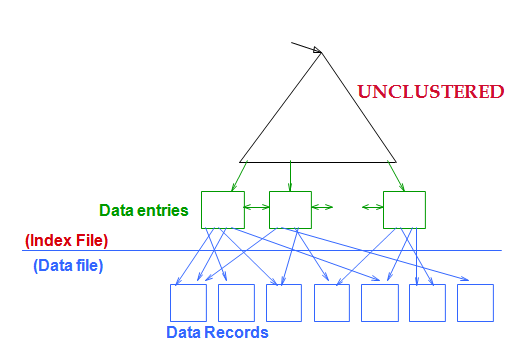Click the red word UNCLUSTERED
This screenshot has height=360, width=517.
(431, 92)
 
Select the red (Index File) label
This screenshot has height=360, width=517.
(66, 240)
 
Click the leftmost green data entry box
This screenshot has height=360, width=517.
(222, 209)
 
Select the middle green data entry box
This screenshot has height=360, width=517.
(290, 209)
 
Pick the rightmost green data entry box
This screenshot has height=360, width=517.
(404, 209)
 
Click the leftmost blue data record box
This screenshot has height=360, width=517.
(188, 302)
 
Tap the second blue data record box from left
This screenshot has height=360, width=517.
(236, 302)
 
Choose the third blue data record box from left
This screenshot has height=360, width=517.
(284, 302)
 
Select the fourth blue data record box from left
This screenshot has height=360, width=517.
(332, 302)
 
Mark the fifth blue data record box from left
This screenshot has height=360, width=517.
(379, 302)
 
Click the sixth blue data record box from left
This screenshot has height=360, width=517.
(427, 302)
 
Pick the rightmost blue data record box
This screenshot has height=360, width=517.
(475, 302)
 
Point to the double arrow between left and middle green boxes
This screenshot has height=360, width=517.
(256, 208)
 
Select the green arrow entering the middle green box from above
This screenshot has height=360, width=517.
(290, 176)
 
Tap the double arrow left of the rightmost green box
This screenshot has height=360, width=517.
(372, 208)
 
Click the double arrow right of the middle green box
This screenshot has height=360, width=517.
(322, 208)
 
